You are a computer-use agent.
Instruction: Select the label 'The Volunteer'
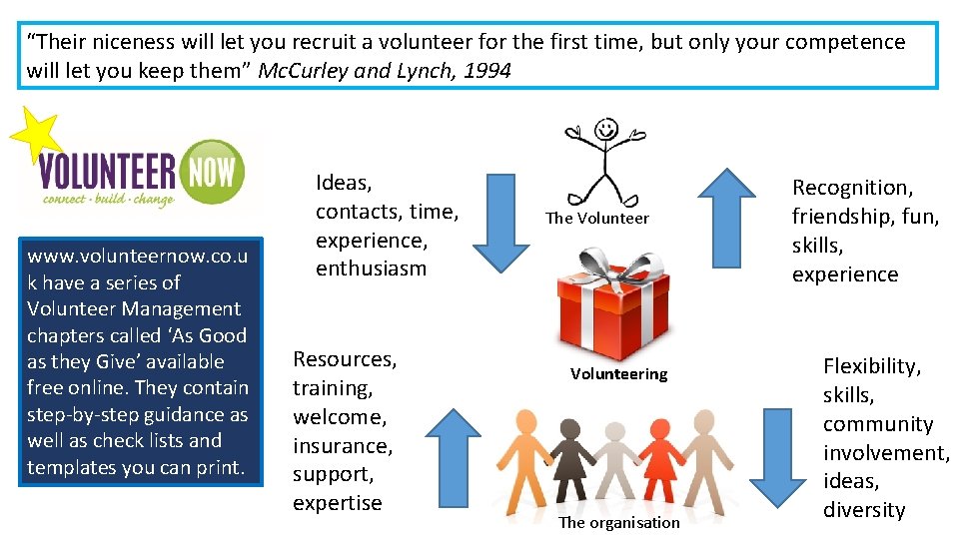[596, 218]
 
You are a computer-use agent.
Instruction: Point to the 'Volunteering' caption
[618, 374]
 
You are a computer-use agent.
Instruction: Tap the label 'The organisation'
[618, 522]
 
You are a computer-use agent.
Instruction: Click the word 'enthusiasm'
[371, 269]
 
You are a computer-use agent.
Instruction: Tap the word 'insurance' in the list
[343, 445]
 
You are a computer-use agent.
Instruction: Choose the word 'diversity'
[864, 510]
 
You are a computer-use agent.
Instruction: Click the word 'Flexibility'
[871, 366]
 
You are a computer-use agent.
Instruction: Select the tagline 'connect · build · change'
[108, 199]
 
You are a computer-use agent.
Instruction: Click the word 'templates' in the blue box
[69, 467]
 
